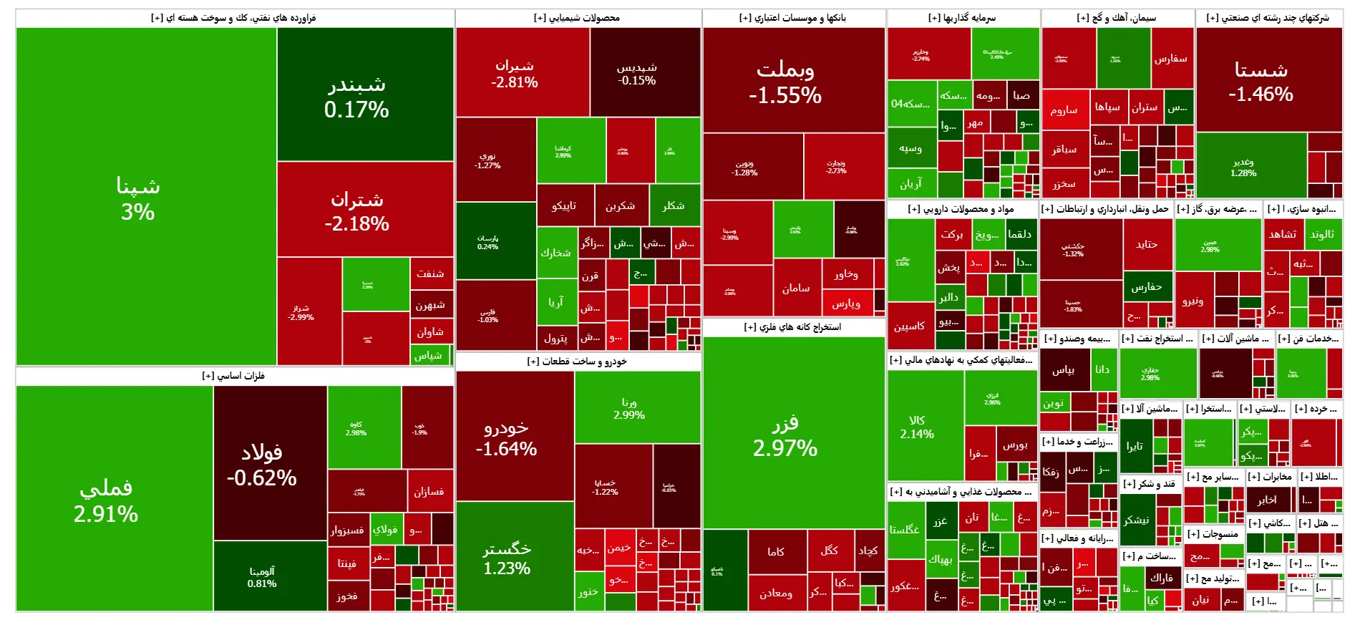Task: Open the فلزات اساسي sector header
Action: click(x=234, y=376)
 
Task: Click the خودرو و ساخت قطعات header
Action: click(x=578, y=362)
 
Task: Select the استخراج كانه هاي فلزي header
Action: click(x=793, y=327)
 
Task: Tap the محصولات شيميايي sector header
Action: click(x=578, y=18)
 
